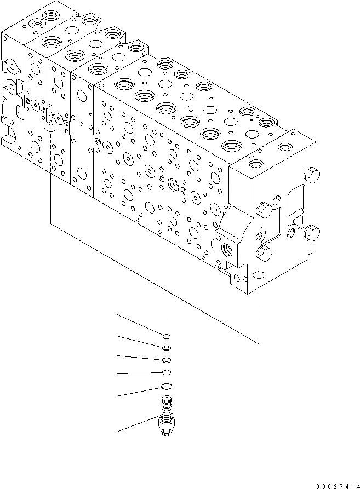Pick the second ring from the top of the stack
(167, 348)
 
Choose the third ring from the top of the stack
(167, 360)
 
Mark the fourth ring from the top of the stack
(167, 372)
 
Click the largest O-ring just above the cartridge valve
(167, 387)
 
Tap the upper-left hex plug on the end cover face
(265, 209)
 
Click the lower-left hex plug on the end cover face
(263, 253)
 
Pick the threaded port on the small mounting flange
(226, 249)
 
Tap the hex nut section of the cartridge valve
(167, 423)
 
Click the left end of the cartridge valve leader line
(117, 432)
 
